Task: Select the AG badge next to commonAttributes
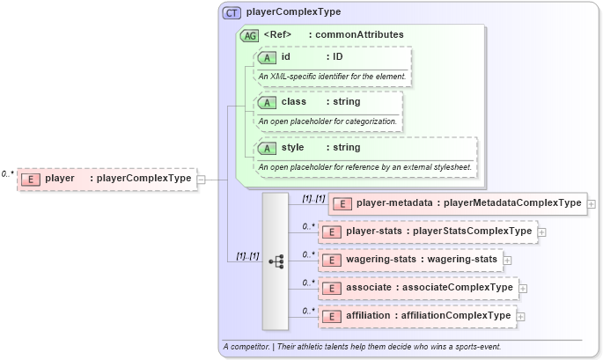(x=249, y=35)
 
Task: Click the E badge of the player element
(x=32, y=179)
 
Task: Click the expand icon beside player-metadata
(x=591, y=203)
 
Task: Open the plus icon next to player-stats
(x=541, y=231)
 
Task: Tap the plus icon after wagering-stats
(x=508, y=260)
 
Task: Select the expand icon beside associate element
(x=523, y=288)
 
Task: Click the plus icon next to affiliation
(x=520, y=316)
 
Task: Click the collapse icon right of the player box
(x=202, y=179)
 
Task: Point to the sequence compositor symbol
(x=276, y=261)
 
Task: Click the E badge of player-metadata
(x=342, y=203)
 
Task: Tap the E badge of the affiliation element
(x=333, y=316)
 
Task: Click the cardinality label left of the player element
(x=8, y=174)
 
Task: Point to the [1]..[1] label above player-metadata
(x=313, y=198)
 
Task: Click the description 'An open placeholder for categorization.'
(x=327, y=121)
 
